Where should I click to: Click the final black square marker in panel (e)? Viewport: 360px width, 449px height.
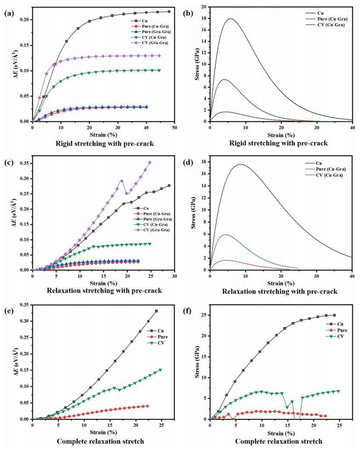[x=156, y=311]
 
